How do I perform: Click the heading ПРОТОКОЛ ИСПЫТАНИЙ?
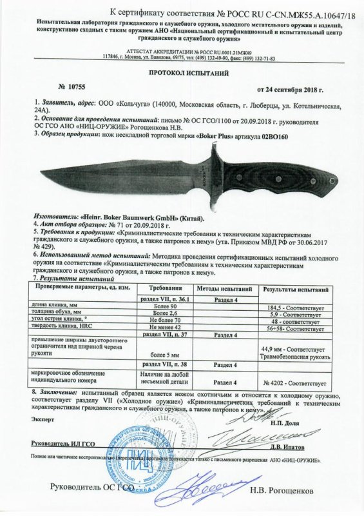182,74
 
